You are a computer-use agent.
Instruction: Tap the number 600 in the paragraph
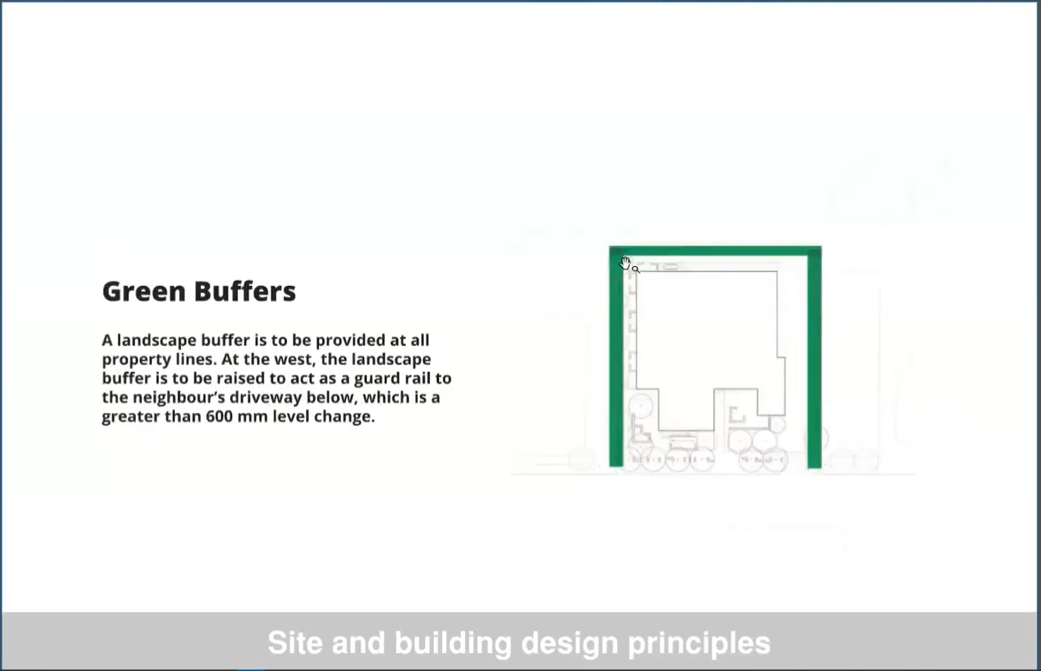219,416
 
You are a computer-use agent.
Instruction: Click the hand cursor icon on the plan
625,263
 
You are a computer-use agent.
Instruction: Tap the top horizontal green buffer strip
715,250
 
